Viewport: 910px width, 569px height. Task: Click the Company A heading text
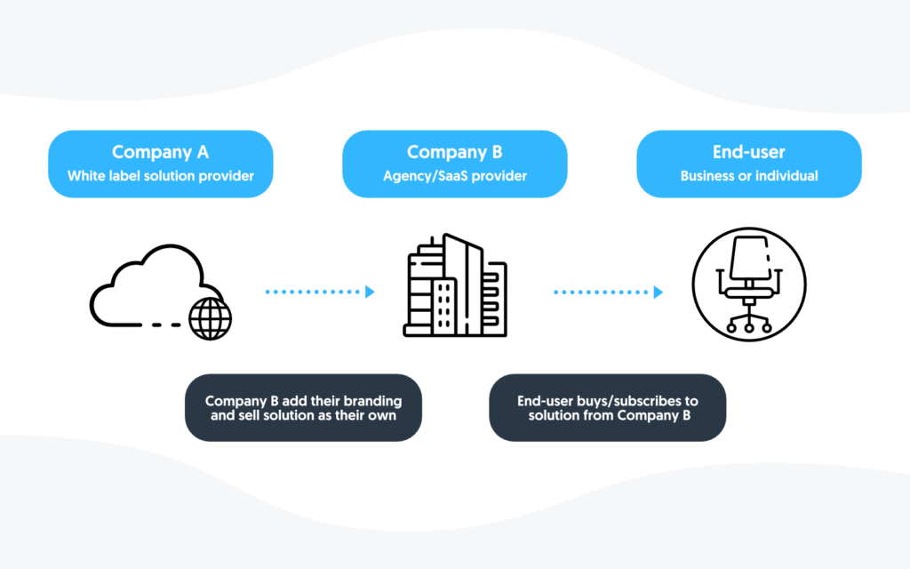(160, 152)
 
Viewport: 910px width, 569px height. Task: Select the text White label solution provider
(160, 176)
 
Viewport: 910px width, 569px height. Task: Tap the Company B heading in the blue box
(454, 152)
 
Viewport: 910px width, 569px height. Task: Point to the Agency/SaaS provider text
(454, 176)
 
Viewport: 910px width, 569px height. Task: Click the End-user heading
(748, 152)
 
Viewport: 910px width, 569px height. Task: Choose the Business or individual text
(748, 176)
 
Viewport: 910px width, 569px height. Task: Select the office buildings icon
(454, 286)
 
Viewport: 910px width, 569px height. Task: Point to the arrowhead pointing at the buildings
(370, 292)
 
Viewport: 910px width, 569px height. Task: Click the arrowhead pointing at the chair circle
(659, 292)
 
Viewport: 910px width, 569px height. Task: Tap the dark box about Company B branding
(303, 408)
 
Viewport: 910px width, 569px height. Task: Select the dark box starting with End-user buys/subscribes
(607, 408)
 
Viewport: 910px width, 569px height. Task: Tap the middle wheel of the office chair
(748, 328)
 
